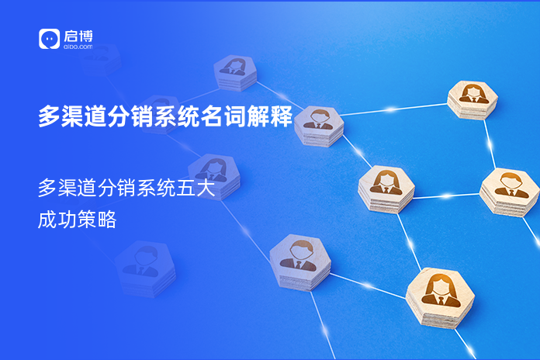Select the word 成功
point(57,220)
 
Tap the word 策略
point(97,220)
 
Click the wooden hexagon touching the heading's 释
point(318,124)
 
